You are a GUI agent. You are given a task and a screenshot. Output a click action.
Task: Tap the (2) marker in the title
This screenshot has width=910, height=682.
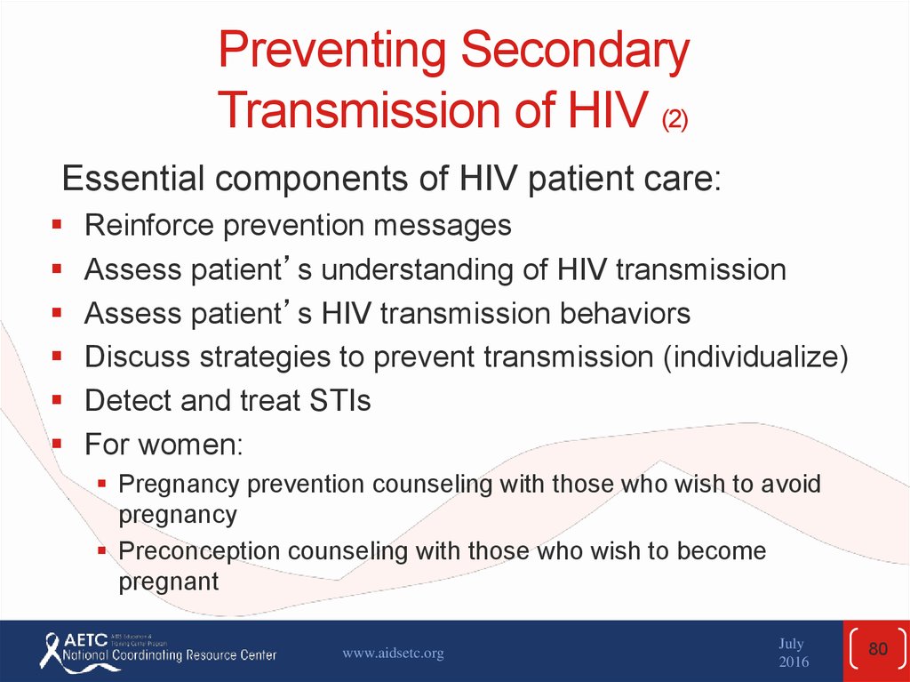pyautogui.click(x=675, y=120)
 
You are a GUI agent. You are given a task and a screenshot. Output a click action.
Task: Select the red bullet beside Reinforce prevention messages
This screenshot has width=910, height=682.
pyautogui.click(x=56, y=224)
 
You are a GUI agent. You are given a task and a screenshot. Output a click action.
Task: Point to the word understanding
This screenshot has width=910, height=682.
pyautogui.click(x=417, y=270)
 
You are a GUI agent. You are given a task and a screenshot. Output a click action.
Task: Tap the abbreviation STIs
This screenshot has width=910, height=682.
pyautogui.click(x=340, y=400)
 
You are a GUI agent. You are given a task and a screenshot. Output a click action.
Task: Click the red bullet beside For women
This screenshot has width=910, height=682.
pyautogui.click(x=56, y=444)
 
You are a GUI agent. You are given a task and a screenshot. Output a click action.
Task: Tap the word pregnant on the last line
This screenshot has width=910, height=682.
pyautogui.click(x=169, y=582)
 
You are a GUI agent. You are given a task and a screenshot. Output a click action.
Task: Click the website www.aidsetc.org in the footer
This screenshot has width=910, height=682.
pyautogui.click(x=393, y=653)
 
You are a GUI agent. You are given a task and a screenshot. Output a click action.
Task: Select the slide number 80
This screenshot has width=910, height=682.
pyautogui.click(x=878, y=648)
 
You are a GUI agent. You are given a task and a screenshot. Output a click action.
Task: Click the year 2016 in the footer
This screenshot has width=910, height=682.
pyautogui.click(x=794, y=662)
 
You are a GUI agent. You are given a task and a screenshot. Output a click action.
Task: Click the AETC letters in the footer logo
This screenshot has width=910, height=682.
pyautogui.click(x=85, y=640)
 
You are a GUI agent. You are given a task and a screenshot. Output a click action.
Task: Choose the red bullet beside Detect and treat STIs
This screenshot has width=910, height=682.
pyautogui.click(x=56, y=399)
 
